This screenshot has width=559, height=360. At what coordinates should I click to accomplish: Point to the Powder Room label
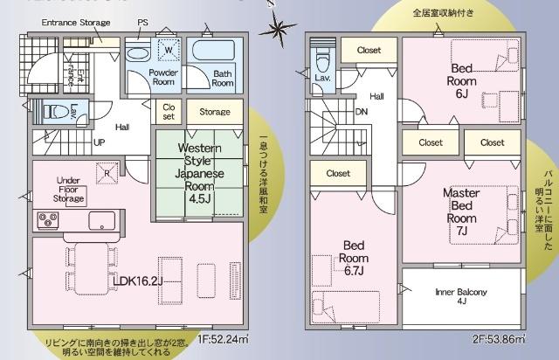pyautogui.click(x=163, y=78)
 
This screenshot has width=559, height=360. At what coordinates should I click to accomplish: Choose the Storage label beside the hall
pyautogui.click(x=214, y=112)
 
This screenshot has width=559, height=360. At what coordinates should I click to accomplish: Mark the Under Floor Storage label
pyautogui.click(x=68, y=189)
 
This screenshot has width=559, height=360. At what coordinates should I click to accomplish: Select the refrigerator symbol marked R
pyautogui.click(x=107, y=171)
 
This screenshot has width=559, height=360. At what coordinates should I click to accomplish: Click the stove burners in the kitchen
pyautogui.click(x=48, y=221)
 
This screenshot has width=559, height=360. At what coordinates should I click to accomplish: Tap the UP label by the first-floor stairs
pyautogui.click(x=100, y=142)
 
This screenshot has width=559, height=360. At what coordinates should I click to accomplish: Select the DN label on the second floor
pyautogui.click(x=362, y=112)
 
